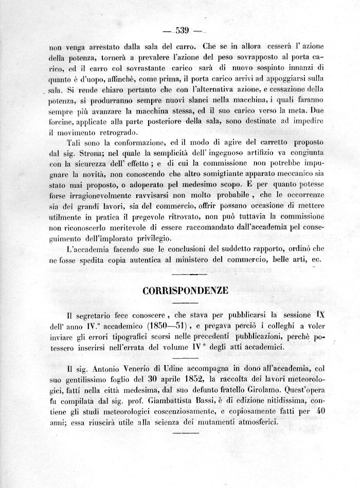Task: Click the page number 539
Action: point(183,30)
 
